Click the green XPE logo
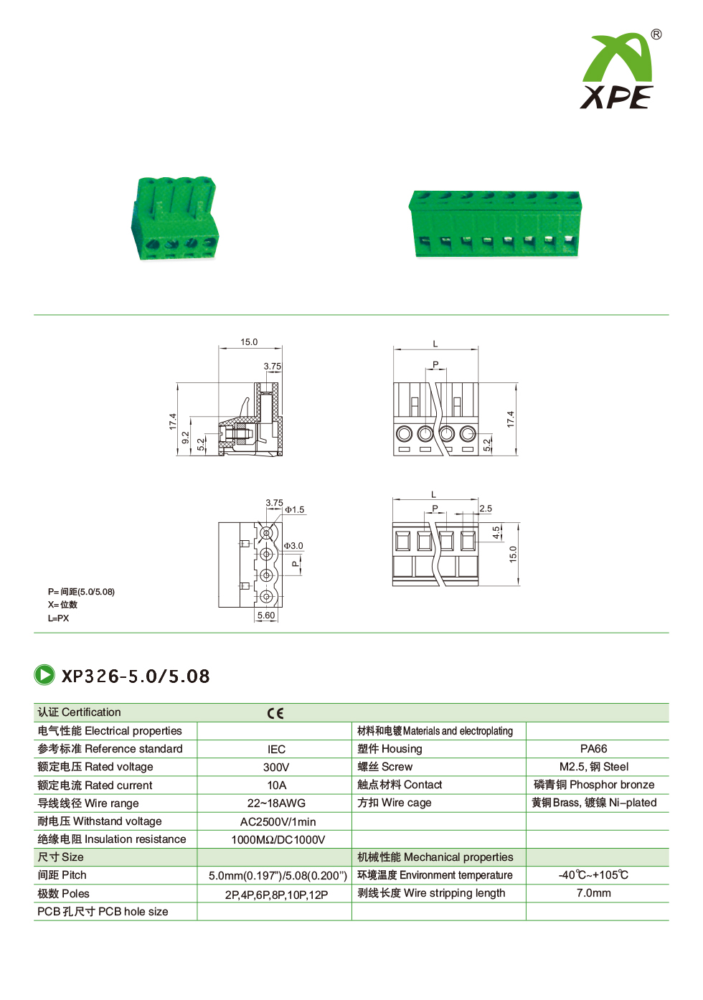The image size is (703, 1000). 617,72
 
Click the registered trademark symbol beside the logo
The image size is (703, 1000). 656,34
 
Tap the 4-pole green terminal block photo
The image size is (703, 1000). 174,217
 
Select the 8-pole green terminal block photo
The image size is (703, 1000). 495,223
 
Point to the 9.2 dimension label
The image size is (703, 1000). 186,437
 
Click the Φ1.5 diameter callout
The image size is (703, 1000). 295,509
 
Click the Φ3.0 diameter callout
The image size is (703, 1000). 293,545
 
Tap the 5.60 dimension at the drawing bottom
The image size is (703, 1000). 266,615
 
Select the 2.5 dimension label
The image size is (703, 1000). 486,509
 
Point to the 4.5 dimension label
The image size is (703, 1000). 496,532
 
